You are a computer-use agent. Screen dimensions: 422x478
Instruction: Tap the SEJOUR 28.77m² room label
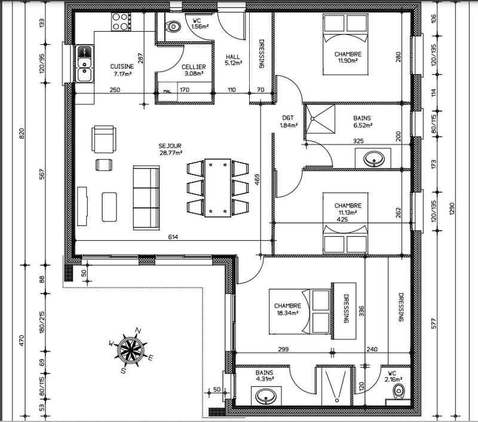click(170, 149)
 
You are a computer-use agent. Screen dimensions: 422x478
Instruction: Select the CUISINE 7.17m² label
click(122, 70)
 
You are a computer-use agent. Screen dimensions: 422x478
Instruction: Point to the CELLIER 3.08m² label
click(194, 70)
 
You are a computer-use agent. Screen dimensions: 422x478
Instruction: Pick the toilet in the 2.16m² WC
click(399, 391)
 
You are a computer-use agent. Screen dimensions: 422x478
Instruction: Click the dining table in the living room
click(217, 187)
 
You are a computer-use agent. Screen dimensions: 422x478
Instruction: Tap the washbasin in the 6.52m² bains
click(375, 158)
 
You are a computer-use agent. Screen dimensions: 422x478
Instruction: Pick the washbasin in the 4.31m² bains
click(265, 396)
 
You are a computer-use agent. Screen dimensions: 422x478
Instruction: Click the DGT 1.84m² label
click(289, 121)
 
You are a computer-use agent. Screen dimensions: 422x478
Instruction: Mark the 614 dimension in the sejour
click(173, 237)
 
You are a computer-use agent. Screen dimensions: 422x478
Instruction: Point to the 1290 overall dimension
click(452, 208)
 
